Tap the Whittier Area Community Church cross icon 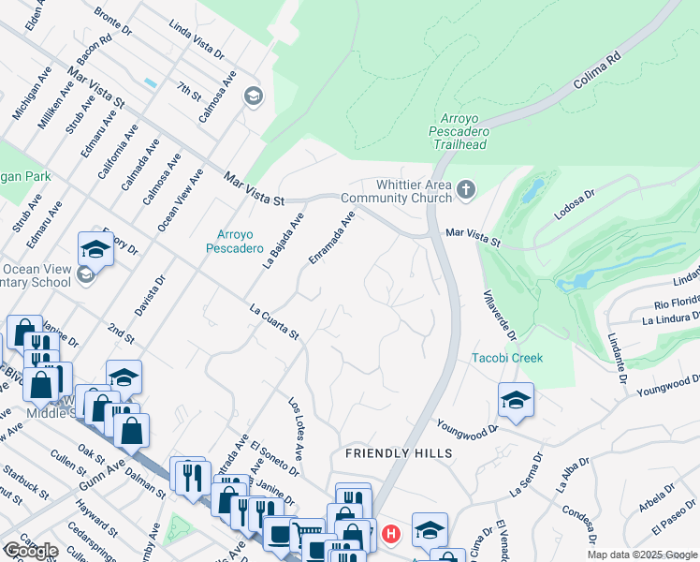[x=466, y=191]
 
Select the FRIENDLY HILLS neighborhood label [x=399, y=453]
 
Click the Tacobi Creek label [x=506, y=358]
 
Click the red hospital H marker [x=391, y=535]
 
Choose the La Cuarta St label [x=273, y=321]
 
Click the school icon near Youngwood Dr [x=515, y=400]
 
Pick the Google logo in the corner [x=31, y=551]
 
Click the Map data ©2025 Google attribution [x=643, y=555]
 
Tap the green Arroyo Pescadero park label [x=235, y=241]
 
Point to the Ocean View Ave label [x=181, y=200]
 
